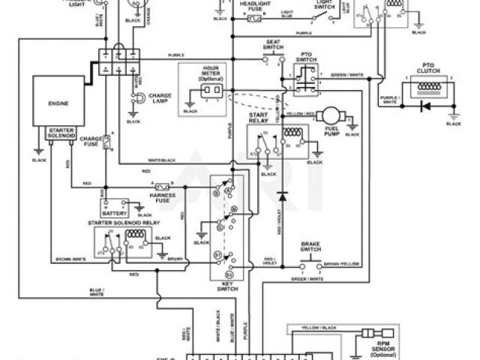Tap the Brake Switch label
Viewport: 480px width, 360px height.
point(310,246)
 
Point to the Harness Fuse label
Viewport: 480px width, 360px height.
point(162,196)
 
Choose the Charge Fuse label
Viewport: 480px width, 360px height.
point(91,141)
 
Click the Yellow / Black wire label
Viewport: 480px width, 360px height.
point(319,328)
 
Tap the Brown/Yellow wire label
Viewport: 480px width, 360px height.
point(341,265)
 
